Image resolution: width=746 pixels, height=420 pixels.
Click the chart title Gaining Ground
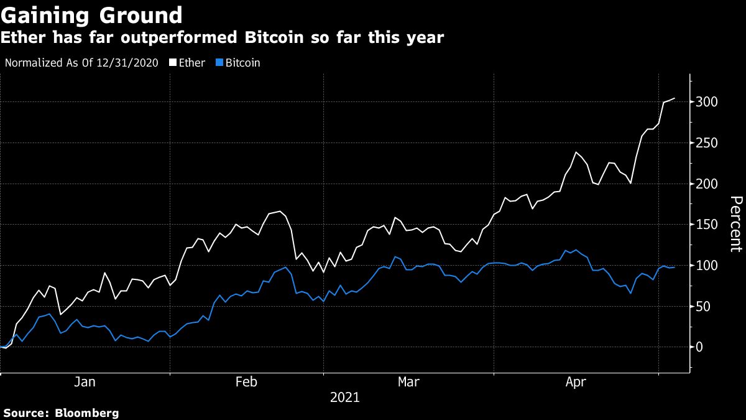(x=92, y=15)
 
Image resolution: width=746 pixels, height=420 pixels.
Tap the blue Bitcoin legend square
(x=219, y=63)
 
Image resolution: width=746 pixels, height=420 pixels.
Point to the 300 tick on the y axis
(x=707, y=102)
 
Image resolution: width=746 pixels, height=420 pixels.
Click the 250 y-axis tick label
(x=707, y=143)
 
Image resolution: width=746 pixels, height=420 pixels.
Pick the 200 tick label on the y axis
(x=707, y=184)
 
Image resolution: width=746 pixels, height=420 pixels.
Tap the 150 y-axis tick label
(x=707, y=225)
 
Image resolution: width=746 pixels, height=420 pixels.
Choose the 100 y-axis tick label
(x=707, y=266)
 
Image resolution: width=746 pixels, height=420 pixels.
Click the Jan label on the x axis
(x=85, y=382)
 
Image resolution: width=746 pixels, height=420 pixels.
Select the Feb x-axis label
(x=247, y=382)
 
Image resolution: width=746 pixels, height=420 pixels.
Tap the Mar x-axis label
(x=408, y=382)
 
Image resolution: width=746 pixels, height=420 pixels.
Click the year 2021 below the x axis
(x=344, y=397)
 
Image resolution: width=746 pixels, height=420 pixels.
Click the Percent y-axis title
(x=735, y=224)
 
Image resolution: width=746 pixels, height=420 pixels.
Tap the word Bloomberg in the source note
(x=86, y=413)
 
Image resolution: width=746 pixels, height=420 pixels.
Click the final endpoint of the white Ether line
(x=675, y=98)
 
